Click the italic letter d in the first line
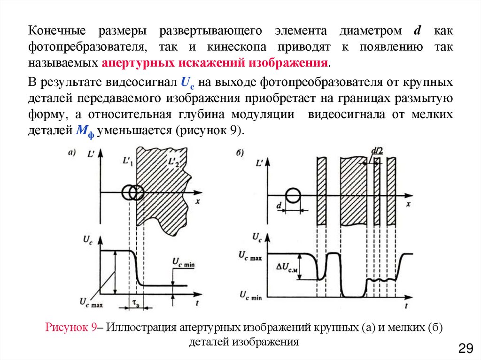click(416, 31)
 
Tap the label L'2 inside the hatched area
click(173, 163)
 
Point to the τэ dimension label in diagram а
click(135, 304)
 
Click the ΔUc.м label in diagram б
click(288, 268)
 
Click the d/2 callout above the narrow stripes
click(377, 151)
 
